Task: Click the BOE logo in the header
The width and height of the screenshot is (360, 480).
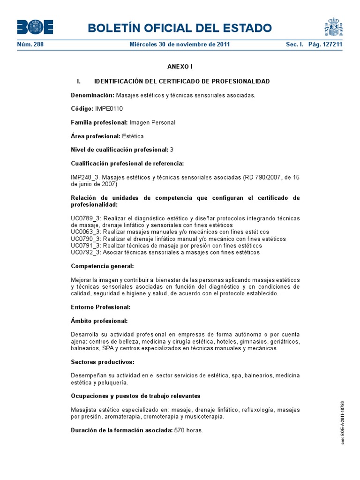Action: (x=35, y=27)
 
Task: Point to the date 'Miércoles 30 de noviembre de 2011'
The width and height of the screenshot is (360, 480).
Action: (x=180, y=45)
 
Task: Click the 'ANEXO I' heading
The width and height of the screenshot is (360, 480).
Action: (x=180, y=67)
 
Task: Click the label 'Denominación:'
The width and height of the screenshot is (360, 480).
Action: (x=92, y=95)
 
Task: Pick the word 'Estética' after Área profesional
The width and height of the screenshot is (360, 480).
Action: (x=133, y=136)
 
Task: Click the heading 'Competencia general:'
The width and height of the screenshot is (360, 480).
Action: (x=102, y=266)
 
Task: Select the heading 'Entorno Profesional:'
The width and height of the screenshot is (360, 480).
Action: (x=100, y=307)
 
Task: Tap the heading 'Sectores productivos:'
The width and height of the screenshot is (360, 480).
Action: (x=103, y=362)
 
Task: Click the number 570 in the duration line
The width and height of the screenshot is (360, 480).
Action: (x=180, y=430)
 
